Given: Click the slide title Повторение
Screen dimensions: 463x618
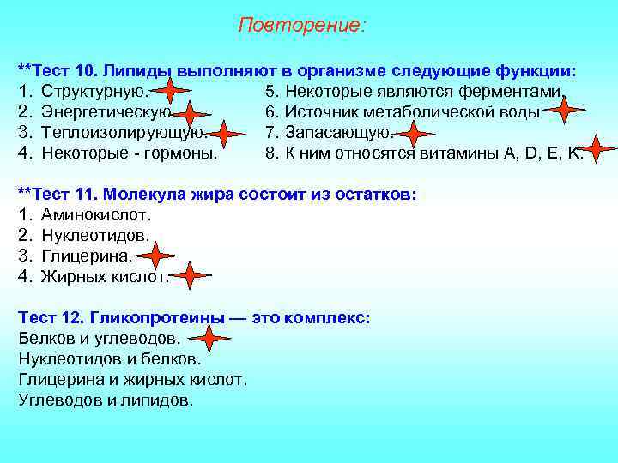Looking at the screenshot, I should coord(301,26).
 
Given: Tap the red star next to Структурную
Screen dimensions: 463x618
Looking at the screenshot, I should coord(173,92).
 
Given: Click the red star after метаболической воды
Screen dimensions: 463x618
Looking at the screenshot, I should coord(564,110).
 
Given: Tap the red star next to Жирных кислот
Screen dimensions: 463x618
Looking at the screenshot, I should coord(190,275).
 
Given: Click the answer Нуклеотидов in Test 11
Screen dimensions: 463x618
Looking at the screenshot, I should coord(95,236).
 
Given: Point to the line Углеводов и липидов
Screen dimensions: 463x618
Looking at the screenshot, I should coord(106,400).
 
